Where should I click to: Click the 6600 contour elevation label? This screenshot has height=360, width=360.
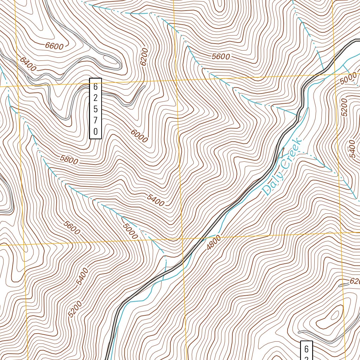point(54,46)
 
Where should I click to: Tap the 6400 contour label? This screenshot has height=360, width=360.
point(28,64)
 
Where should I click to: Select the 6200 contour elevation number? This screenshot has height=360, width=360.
point(144,57)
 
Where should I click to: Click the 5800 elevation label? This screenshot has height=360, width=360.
point(69,160)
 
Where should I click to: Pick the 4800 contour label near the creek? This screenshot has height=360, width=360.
point(214,243)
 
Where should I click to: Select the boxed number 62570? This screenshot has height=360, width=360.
point(95,108)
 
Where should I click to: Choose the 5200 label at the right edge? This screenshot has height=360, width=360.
point(344,107)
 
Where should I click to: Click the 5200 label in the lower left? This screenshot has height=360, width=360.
point(75,309)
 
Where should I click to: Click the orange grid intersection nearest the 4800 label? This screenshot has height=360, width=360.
point(183,238)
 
